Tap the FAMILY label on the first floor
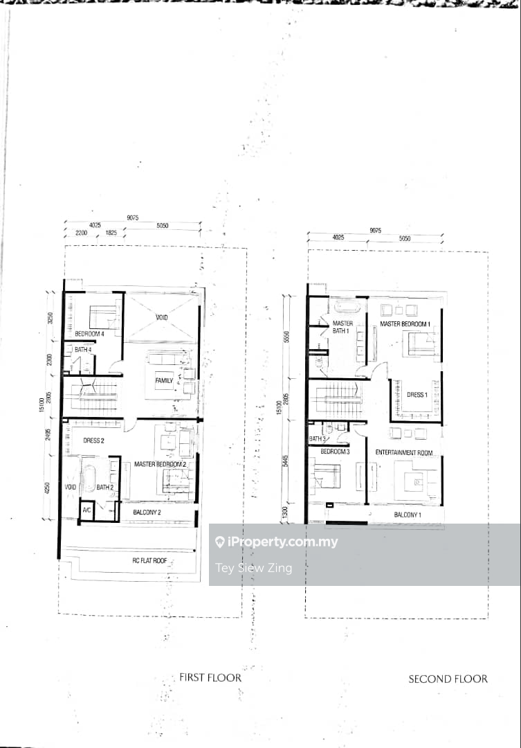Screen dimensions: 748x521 [x=164, y=381]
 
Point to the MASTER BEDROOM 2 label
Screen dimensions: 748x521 [x=161, y=464]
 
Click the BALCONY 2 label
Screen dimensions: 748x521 [x=147, y=513]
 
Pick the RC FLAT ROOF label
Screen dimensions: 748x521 [x=149, y=560]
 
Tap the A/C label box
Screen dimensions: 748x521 [x=86, y=510]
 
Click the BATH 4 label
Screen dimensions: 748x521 [x=83, y=350]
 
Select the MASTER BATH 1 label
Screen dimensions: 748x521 [x=342, y=328]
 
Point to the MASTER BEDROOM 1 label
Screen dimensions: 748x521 [x=405, y=323]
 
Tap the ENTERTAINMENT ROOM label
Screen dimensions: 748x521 [x=404, y=452]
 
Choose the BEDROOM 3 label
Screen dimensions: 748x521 [x=335, y=452]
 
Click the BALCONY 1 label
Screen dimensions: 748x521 [x=408, y=515]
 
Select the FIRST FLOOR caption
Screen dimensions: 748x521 [x=210, y=677]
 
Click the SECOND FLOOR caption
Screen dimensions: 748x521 [x=448, y=679]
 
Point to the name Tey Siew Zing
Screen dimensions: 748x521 [x=254, y=568]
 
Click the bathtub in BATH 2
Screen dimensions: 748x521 [x=89, y=478]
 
